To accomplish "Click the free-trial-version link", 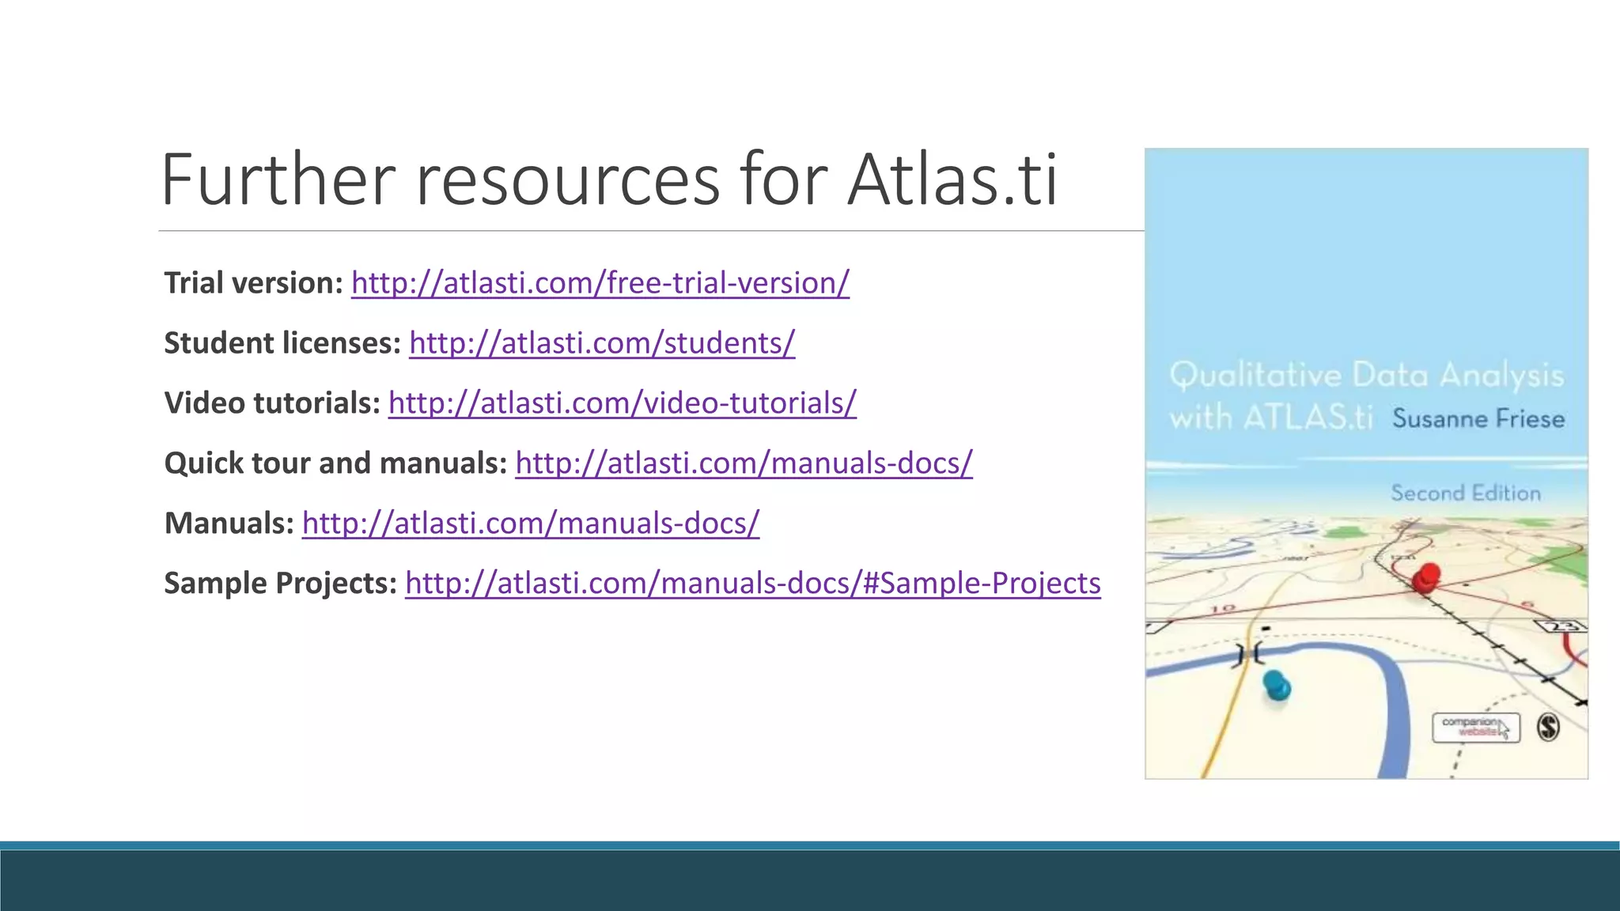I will [600, 283].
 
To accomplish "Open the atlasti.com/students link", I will [602, 343].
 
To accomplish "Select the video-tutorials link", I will [622, 403].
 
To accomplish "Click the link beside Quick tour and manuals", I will [744, 463].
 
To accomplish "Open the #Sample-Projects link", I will [752, 584].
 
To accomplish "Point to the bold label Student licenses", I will [282, 343].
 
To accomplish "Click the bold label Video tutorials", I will [272, 403].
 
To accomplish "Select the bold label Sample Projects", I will [280, 584].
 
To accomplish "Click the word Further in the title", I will [278, 180].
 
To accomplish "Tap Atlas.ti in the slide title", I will [952, 180].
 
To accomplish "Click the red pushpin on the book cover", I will [1427, 578].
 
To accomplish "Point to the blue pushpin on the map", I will [1276, 685].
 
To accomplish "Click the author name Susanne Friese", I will [1478, 418].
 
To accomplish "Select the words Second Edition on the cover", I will [1466, 493].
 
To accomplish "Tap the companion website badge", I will [1475, 727].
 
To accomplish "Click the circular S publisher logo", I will [1548, 727].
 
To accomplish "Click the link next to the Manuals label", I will [531, 524].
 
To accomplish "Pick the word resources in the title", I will [568, 180].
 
